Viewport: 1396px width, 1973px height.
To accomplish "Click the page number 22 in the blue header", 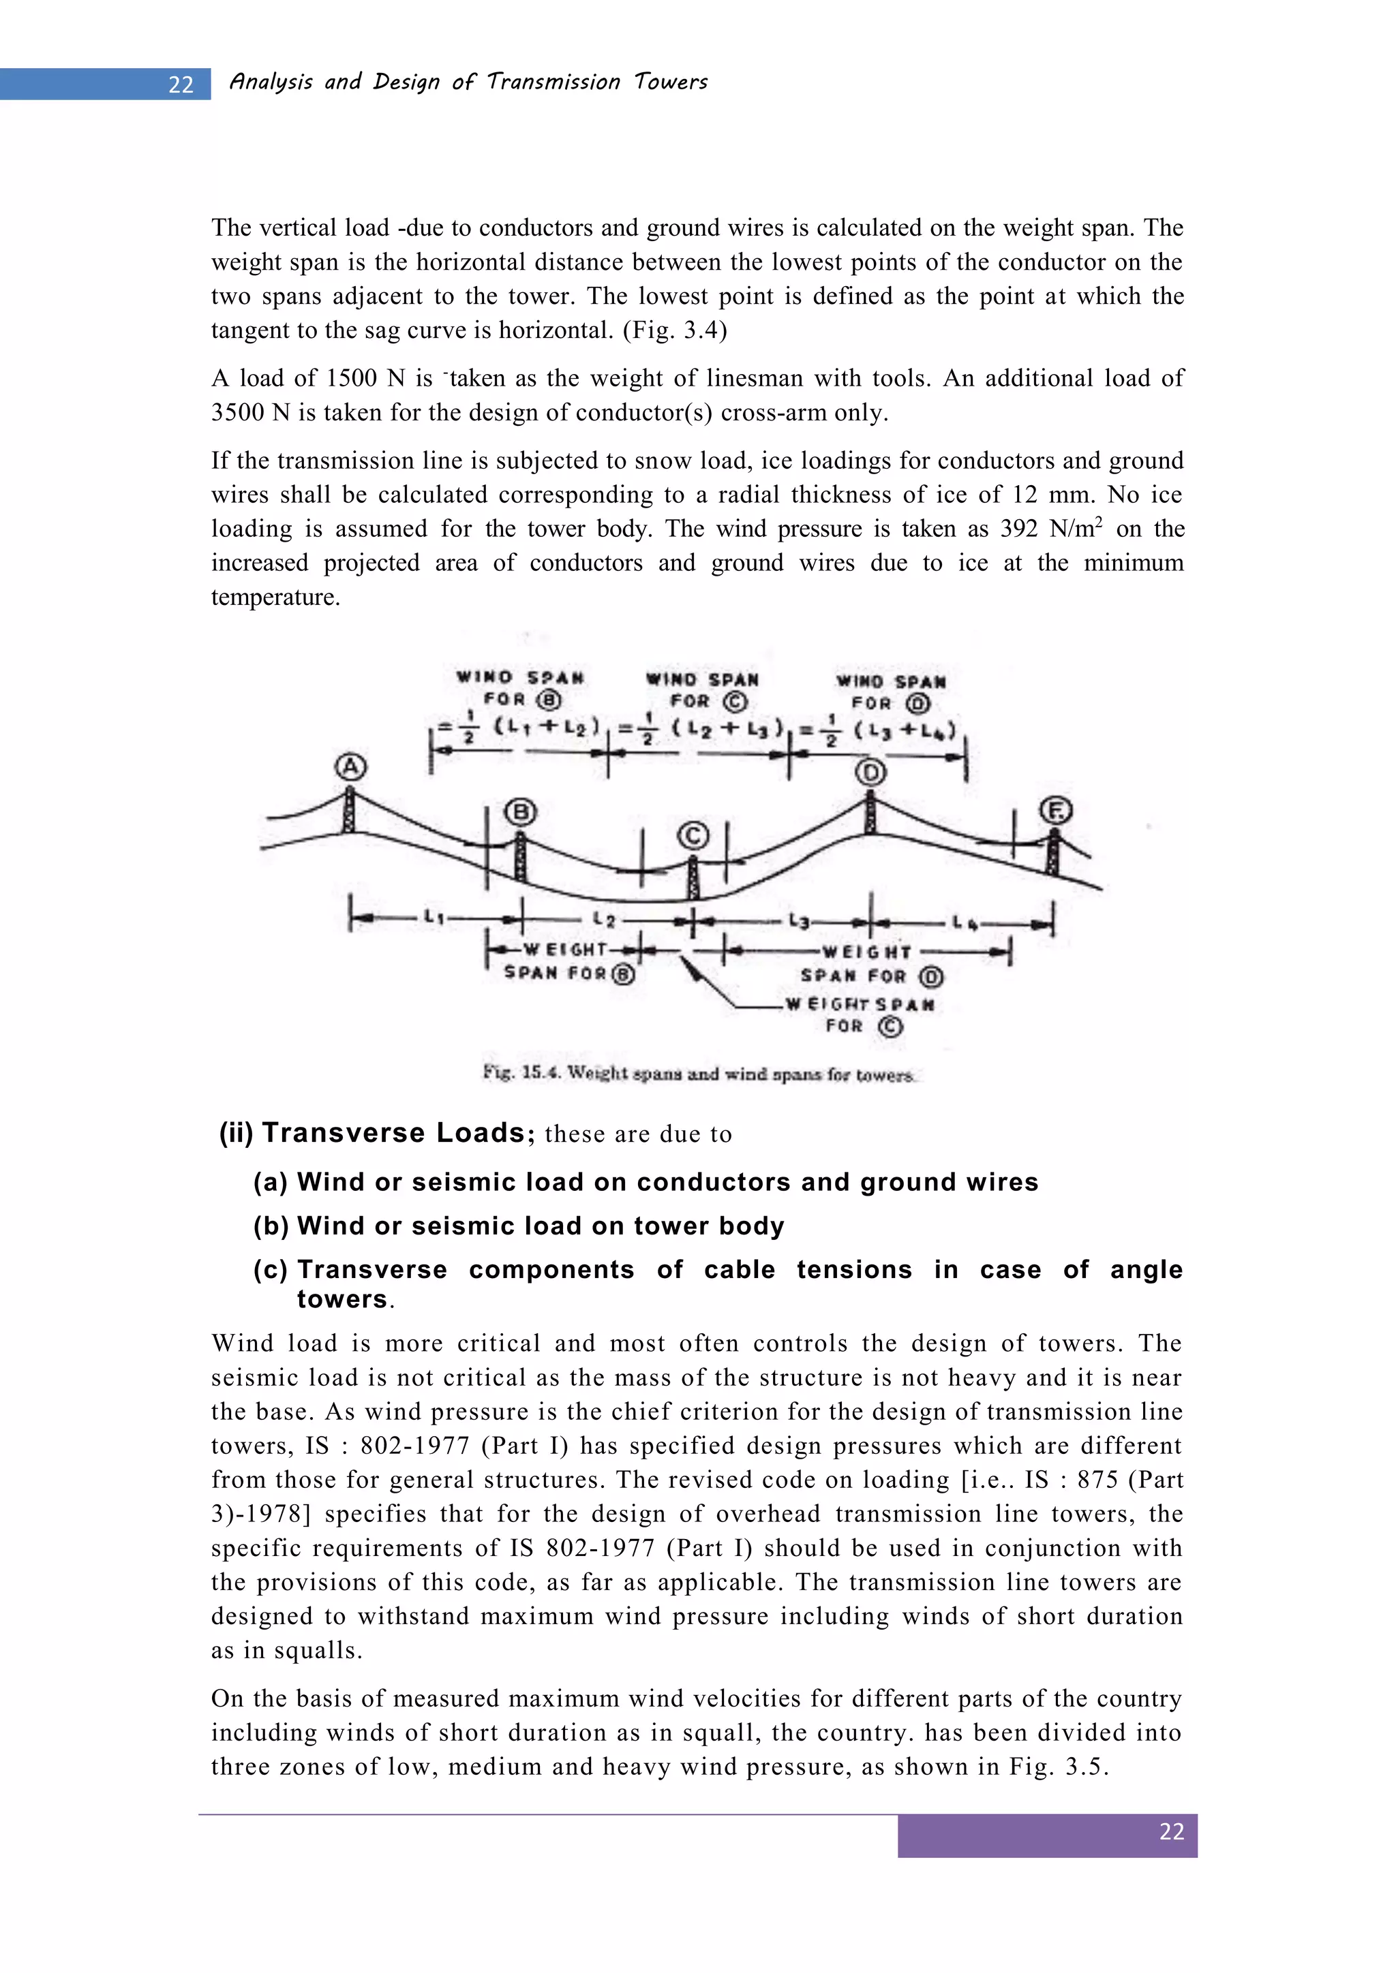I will [181, 85].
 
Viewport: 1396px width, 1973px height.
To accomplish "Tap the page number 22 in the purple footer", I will [1171, 1831].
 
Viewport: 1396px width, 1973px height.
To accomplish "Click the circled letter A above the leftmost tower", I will [350, 766].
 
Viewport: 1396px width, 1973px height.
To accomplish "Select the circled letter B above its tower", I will [519, 812].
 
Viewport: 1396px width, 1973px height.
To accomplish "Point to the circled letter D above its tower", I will [870, 773].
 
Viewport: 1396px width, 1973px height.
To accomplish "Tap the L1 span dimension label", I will [434, 918].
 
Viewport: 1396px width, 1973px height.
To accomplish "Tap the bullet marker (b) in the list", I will [270, 1226].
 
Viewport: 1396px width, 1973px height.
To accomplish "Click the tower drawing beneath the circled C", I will [694, 877].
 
